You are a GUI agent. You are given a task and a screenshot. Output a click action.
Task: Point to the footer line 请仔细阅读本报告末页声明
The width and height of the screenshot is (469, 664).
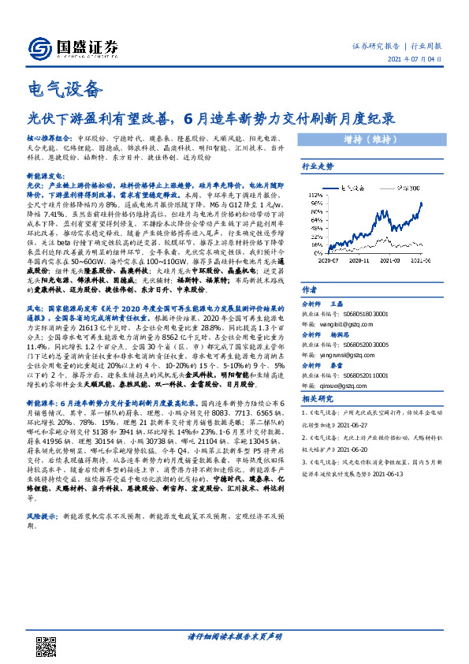234,635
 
